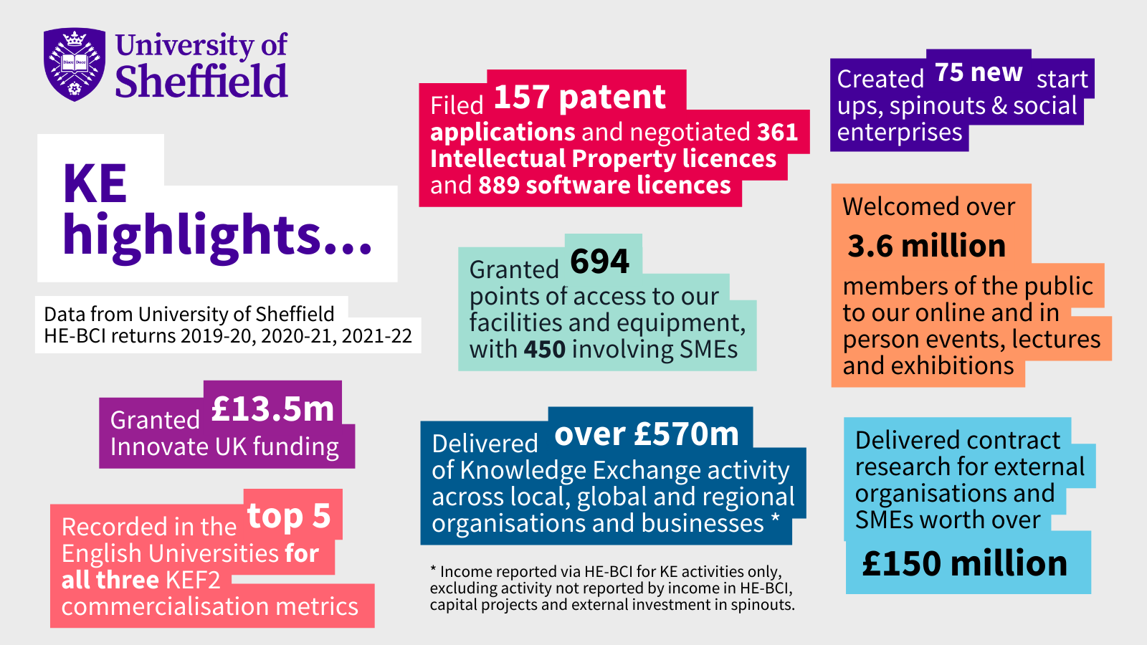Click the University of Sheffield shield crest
(x=75, y=64)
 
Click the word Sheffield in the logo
(x=201, y=82)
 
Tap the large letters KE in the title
(x=95, y=184)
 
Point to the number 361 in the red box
(x=778, y=133)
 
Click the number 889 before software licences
(x=499, y=186)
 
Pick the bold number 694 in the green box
(x=599, y=262)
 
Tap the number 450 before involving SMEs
(x=544, y=350)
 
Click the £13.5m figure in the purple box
(x=272, y=409)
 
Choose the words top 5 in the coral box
(x=289, y=516)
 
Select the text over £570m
(x=647, y=434)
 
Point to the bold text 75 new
(x=979, y=72)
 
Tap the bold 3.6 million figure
(x=927, y=247)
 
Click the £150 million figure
(x=965, y=564)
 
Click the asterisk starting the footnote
(x=433, y=570)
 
